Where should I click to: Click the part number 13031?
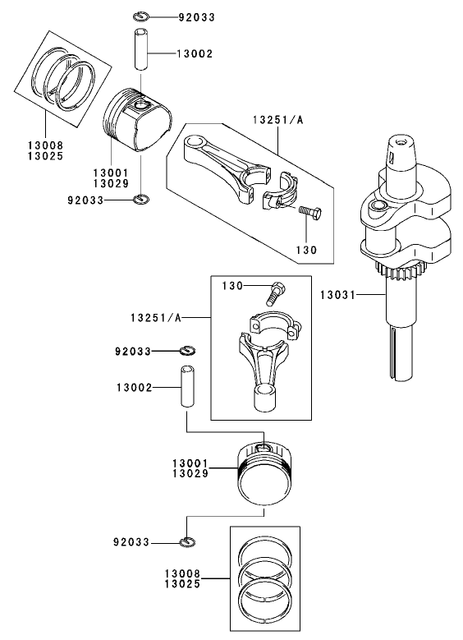pos(337,293)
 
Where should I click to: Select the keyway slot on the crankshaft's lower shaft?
pos(399,353)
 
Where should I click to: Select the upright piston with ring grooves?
pos(264,474)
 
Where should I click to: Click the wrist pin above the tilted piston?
pos(141,54)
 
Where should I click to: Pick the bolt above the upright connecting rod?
pos(276,291)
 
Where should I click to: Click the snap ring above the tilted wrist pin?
pos(140,16)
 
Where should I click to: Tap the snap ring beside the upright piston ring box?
pos(188,541)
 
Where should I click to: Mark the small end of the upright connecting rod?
pos(267,398)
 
